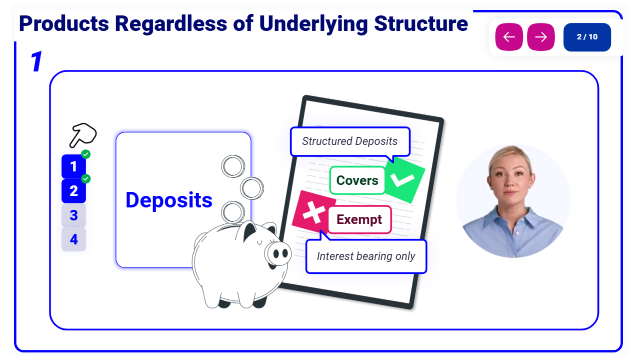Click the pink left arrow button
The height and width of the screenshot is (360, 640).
509,37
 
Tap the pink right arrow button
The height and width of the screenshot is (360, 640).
541,37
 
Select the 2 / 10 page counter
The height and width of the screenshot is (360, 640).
587,37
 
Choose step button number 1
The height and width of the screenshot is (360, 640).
73,166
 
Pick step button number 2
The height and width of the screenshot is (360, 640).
73,191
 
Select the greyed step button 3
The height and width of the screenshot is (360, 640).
73,215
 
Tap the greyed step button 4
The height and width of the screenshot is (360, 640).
73,239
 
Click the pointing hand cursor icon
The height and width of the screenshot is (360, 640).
83,135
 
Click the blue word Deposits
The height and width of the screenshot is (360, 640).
169,200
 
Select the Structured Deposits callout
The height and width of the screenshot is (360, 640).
350,141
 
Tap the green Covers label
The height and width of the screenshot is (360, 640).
357,180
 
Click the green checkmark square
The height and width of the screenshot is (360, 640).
405,180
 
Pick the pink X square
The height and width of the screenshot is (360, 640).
313,212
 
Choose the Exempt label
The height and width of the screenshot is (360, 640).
359,219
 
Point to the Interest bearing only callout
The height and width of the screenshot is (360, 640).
366,256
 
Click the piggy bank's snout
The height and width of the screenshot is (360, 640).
277,253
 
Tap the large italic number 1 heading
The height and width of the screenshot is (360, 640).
37,61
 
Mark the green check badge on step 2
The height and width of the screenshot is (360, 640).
86,179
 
